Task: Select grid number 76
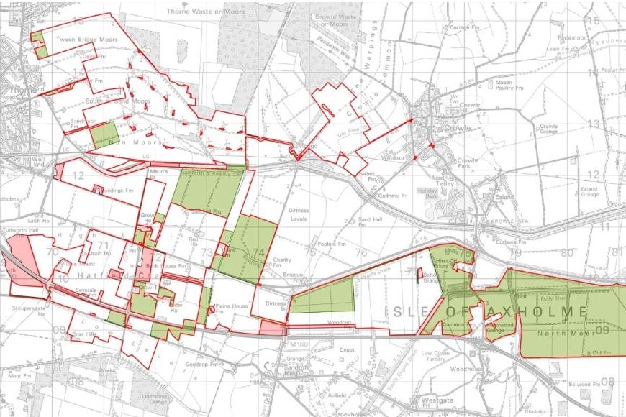(x=360, y=252)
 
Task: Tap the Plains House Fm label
(x=231, y=307)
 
